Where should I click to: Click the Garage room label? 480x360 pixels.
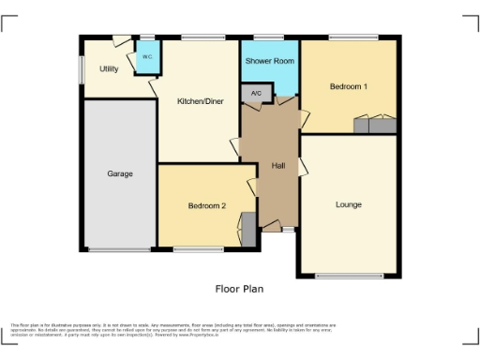(x=119, y=173)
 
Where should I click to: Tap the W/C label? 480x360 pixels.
(x=147, y=57)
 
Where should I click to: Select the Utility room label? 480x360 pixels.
(x=109, y=68)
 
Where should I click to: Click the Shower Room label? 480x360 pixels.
(x=270, y=61)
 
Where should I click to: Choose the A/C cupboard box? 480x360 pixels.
(x=256, y=93)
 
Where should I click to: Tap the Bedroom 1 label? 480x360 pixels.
(x=348, y=86)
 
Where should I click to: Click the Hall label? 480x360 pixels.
(x=277, y=166)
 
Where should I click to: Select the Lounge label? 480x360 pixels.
(x=349, y=204)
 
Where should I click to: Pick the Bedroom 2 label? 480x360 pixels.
(x=206, y=205)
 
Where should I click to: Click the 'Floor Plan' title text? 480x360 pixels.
(x=239, y=290)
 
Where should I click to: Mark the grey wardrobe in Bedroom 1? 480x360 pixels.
(x=374, y=125)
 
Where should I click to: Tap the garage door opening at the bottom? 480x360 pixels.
(x=119, y=249)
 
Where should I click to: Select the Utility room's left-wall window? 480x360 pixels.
(x=82, y=68)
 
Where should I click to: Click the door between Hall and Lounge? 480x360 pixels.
(x=302, y=166)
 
